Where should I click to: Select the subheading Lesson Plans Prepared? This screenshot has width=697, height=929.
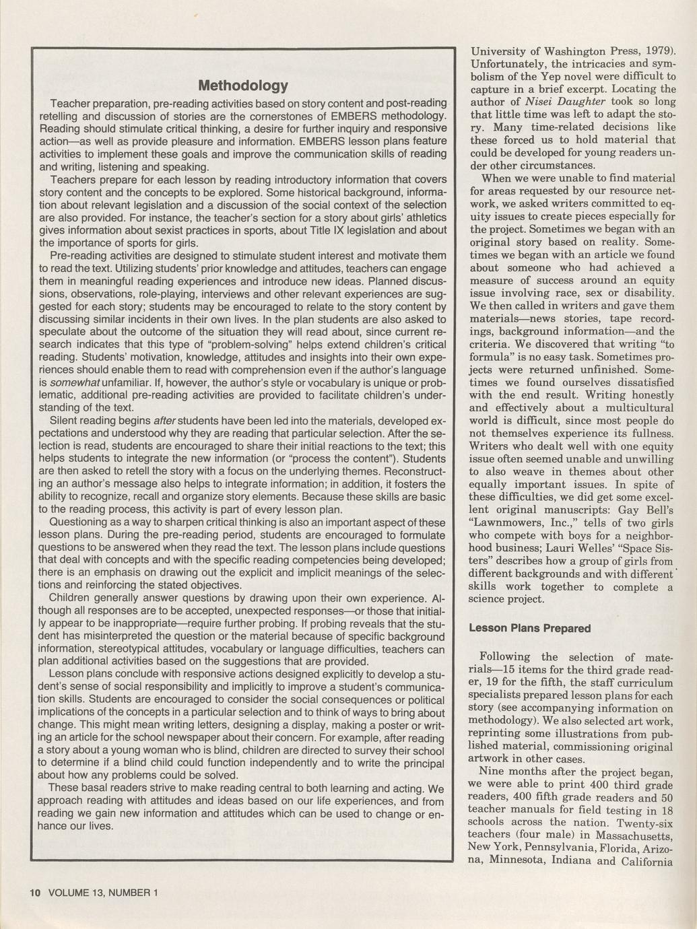click(x=529, y=628)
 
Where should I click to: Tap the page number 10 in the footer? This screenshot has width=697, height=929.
click(x=35, y=893)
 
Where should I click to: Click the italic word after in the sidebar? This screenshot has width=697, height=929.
click(x=165, y=421)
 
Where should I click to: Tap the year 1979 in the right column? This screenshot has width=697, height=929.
click(x=655, y=50)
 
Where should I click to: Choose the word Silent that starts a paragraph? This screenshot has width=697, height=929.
click(x=67, y=421)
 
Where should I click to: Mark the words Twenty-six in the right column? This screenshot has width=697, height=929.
click(x=645, y=822)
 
